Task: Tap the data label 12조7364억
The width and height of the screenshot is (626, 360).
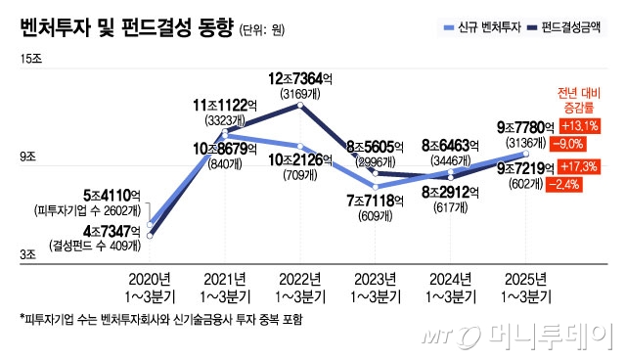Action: pyautogui.click(x=304, y=79)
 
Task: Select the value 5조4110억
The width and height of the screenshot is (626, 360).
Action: pyautogui.click(x=92, y=195)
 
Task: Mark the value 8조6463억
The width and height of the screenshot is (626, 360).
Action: pyautogui.click(x=449, y=144)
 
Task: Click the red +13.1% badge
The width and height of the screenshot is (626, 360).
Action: pyautogui.click(x=580, y=126)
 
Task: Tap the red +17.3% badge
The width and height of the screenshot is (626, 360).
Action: pyautogui.click(x=580, y=166)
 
